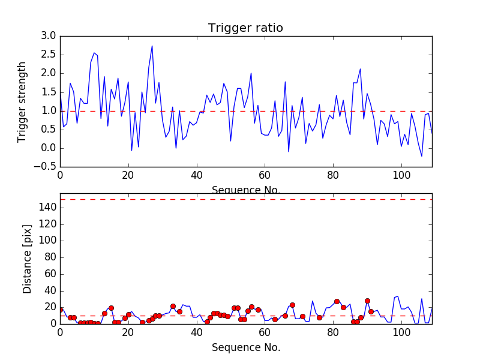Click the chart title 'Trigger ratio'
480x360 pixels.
pos(245,28)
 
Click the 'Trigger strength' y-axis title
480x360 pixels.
pos(22,101)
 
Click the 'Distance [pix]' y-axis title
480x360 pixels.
pos(27,263)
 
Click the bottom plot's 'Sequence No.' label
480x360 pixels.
pos(245,347)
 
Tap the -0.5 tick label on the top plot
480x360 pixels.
pos(47,167)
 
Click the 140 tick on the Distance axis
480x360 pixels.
pos(47,208)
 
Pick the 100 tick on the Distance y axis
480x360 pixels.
pos(47,241)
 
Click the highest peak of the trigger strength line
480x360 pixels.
pos(152,46)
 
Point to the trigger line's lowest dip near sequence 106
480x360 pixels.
pos(421,156)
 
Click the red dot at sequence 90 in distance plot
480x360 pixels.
pos(367,301)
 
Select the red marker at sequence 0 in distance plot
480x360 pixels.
pos(60,310)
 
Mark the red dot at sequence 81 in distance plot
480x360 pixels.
pos(337,301)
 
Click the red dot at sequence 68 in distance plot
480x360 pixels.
pos(292,305)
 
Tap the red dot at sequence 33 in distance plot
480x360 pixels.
pos(173,306)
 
